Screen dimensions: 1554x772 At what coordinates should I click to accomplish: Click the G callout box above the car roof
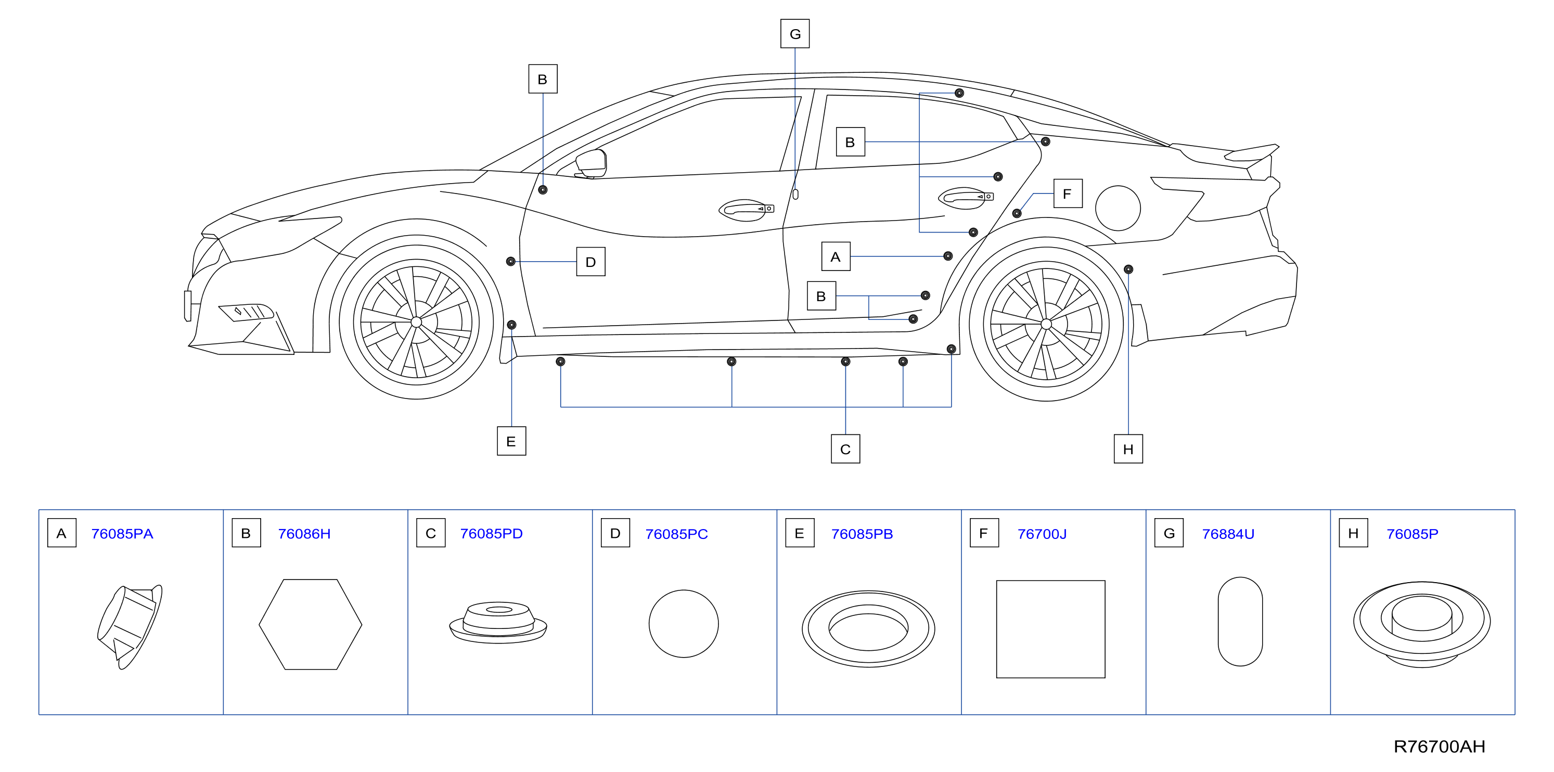794,34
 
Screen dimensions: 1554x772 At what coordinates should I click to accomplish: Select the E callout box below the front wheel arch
511,441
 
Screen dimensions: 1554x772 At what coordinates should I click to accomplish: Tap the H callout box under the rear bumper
1128,449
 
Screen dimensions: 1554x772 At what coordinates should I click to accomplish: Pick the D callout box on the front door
590,262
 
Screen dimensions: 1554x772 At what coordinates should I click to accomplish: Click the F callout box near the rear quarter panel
1068,194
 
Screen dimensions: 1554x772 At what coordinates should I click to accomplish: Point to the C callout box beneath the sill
845,449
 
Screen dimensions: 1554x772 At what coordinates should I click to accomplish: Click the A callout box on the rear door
836,256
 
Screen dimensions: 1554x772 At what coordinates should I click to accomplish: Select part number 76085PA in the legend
122,534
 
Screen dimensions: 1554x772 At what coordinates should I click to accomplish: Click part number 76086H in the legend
304,534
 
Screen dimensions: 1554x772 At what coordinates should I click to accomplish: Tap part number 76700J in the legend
1042,534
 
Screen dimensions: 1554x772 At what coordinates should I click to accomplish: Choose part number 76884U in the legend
1228,534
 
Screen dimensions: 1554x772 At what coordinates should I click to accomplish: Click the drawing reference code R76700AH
1439,747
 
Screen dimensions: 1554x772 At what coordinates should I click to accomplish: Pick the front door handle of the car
746,210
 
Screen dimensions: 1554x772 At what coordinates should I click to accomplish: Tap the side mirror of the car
591,163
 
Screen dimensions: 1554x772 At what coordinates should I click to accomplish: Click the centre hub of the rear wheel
1046,324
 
